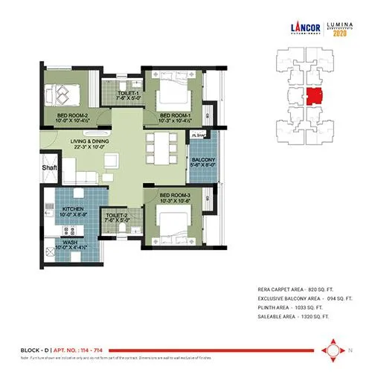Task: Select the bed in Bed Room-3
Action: click(176, 223)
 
